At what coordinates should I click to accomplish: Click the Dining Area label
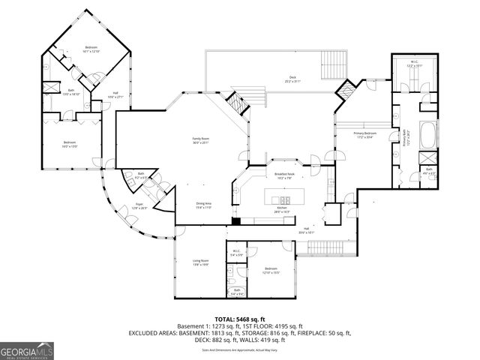tap(203, 206)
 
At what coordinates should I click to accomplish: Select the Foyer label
tap(139, 208)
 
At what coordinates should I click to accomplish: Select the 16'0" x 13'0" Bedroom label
tap(70, 145)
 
